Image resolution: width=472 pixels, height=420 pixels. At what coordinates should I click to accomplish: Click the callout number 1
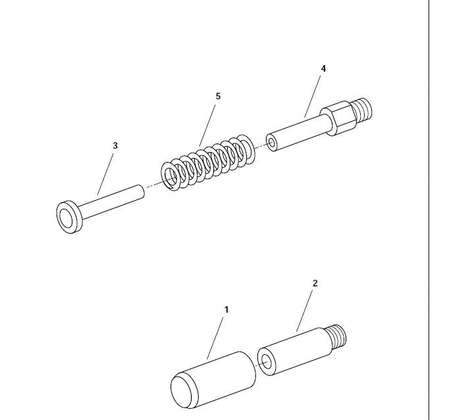226,309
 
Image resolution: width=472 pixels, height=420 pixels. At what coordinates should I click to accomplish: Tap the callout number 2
315,283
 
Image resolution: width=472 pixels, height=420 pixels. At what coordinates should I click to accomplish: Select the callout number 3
115,145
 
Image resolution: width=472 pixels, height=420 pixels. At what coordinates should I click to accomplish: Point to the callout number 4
323,68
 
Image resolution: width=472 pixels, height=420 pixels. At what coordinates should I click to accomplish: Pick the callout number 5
218,96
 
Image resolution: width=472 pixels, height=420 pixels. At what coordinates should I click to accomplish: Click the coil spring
208,163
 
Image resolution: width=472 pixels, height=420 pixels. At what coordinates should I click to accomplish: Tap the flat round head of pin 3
69,217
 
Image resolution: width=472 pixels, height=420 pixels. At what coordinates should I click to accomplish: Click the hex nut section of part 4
337,119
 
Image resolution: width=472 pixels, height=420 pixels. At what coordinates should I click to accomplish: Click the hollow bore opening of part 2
267,361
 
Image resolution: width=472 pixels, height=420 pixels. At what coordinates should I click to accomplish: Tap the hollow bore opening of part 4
272,142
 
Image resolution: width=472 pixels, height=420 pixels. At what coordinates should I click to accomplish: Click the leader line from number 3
105,174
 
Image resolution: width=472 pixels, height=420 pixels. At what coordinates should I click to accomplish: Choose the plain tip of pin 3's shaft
141,192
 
